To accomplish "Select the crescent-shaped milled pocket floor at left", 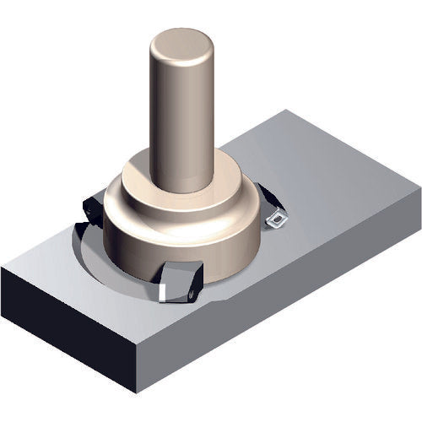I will point(93,257).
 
